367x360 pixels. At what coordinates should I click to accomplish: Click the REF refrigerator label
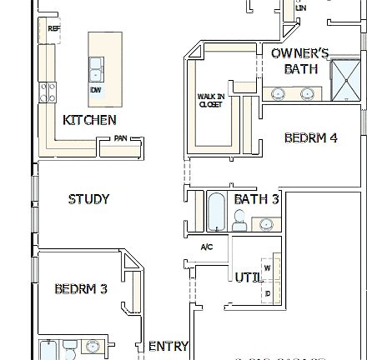[x=54, y=28]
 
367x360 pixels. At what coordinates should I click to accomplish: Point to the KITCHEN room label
[x=89, y=120]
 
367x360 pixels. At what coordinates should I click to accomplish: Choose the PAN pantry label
[x=120, y=138]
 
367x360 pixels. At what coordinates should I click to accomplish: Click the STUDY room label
[x=88, y=199]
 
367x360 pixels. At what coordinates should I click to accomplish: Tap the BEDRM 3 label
[x=81, y=289]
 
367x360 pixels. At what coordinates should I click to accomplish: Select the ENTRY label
[x=168, y=346]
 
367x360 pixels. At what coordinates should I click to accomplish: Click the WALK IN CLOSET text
[x=210, y=100]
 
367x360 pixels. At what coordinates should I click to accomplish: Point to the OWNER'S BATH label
[x=299, y=61]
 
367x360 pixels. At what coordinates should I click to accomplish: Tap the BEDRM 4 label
[x=310, y=137]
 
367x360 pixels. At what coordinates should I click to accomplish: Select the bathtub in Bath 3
[x=215, y=212]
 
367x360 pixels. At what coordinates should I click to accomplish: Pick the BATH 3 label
[x=256, y=199]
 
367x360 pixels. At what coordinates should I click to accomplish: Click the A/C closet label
[x=207, y=247]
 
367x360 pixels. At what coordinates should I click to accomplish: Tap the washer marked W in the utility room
[x=267, y=267]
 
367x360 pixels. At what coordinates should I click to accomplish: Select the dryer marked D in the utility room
[x=267, y=292]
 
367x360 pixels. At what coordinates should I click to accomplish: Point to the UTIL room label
[x=248, y=277]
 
